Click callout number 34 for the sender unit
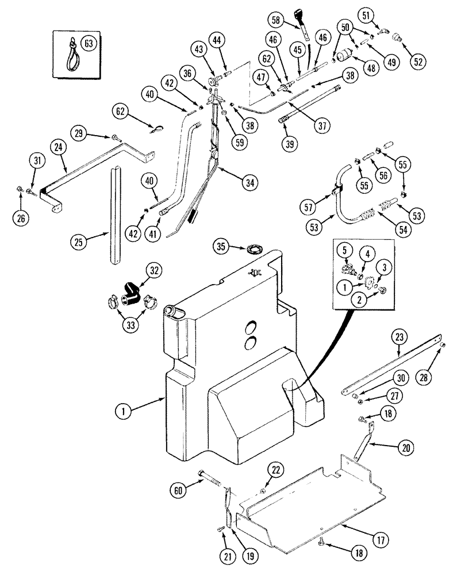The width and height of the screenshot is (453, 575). point(249,183)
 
